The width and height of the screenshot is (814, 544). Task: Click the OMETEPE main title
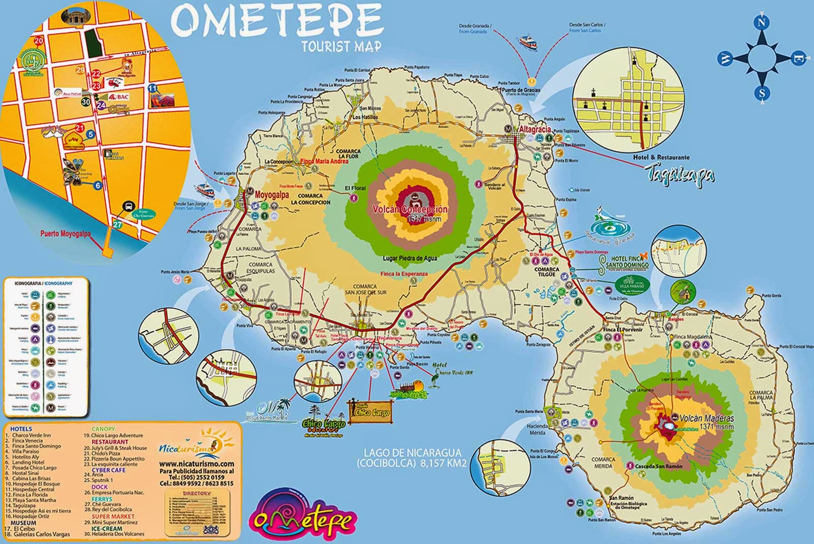coord(277,21)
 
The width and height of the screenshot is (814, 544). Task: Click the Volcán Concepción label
coord(410,210)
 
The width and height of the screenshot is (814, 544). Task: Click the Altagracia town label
coord(534,129)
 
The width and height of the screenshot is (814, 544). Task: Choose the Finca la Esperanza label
coord(405,274)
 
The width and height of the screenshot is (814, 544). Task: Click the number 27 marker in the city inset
coord(118,224)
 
